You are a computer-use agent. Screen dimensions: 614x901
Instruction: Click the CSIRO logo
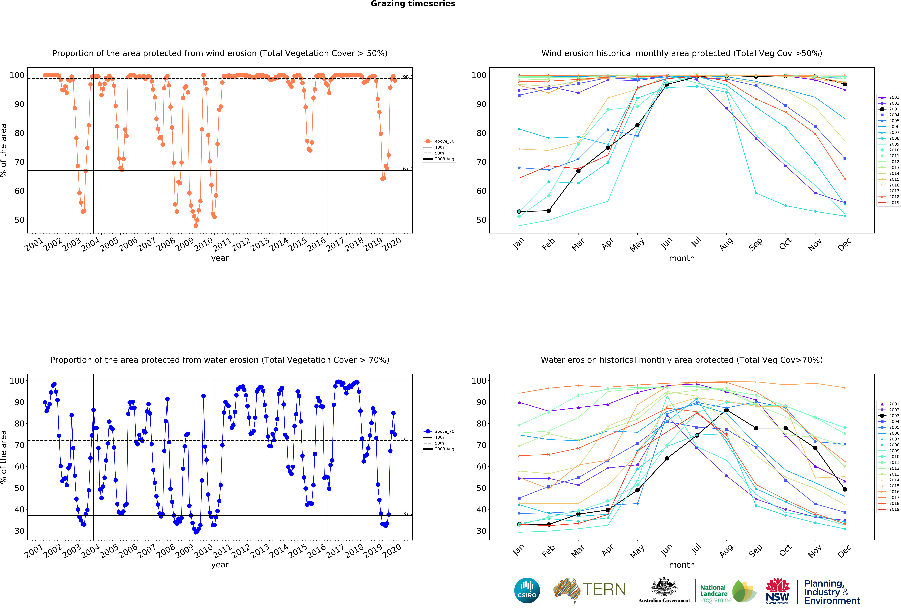[527, 590]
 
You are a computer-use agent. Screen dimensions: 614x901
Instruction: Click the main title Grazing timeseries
[413, 4]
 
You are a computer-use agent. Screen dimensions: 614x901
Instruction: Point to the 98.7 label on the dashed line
[407, 77]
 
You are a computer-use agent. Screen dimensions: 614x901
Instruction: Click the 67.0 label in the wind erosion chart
[407, 169]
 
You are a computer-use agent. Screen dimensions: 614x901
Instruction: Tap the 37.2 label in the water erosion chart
[407, 514]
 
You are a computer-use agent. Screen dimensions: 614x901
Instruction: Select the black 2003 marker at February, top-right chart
[549, 211]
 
